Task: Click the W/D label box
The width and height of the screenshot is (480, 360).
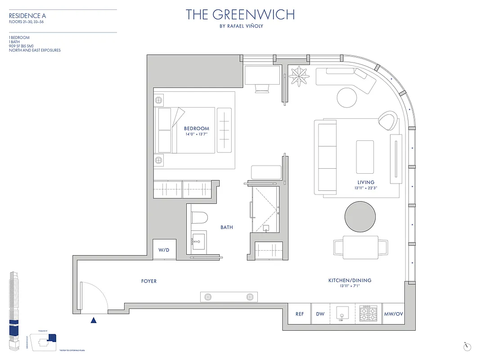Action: tap(164, 250)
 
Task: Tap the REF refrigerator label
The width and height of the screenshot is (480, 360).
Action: tap(299, 315)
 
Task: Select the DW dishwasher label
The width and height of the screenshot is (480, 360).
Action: tap(320, 315)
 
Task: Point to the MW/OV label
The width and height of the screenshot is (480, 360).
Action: tap(393, 315)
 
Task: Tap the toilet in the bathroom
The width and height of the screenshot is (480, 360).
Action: tap(199, 218)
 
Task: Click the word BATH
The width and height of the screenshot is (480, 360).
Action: tap(227, 228)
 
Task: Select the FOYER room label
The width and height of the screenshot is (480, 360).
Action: tap(149, 281)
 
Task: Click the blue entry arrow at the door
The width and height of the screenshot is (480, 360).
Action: tap(94, 320)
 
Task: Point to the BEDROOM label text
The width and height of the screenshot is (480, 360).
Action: tap(197, 129)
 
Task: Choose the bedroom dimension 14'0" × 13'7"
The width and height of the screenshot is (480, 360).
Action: tap(197, 134)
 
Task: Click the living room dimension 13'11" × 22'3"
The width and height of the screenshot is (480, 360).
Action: tap(366, 188)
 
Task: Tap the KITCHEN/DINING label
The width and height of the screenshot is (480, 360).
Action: tap(350, 281)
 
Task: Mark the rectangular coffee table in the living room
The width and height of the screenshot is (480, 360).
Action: tap(365, 157)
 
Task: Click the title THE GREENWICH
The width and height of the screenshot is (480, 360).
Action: tap(240, 15)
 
